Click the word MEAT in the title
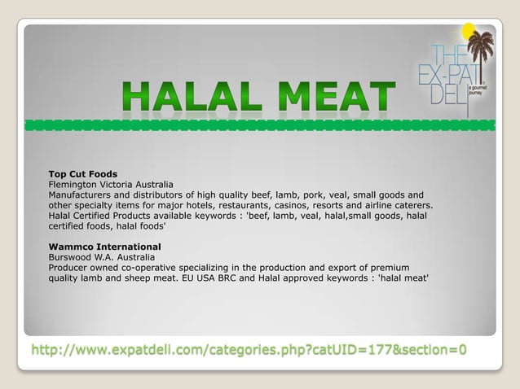[x=337, y=98]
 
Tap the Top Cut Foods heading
[x=83, y=174]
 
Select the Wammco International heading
[x=104, y=247]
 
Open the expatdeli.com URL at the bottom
[x=249, y=350]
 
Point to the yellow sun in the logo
[x=468, y=32]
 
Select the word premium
[x=389, y=268]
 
